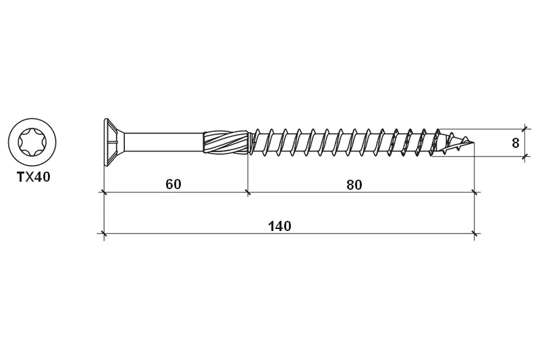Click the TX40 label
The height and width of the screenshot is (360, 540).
click(34, 177)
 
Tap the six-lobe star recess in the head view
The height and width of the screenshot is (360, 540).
click(32, 142)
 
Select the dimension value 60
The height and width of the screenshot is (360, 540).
click(173, 184)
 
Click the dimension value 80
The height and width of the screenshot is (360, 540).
click(354, 185)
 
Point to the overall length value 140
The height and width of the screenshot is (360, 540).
click(279, 226)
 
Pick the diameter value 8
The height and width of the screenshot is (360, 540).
click(515, 143)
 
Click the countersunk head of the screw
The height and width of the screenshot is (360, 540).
click(114, 142)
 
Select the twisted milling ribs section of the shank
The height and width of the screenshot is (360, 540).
click(225, 142)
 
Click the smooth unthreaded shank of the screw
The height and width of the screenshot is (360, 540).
click(164, 142)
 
